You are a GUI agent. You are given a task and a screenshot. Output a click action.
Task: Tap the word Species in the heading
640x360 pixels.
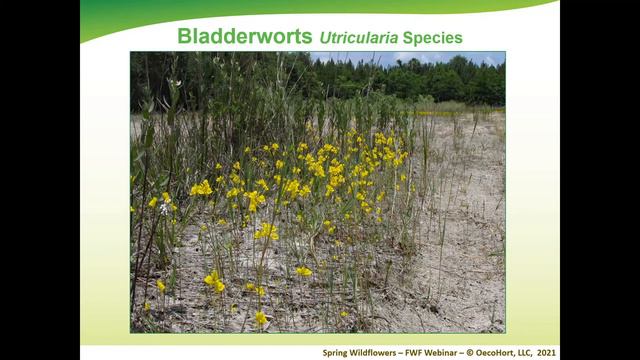pyautogui.click(x=434, y=38)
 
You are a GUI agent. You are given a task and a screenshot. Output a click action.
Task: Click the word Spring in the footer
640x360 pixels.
pyautogui.click(x=337, y=352)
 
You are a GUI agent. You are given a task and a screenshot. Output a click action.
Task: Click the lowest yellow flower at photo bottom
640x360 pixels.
pyautogui.click(x=260, y=318)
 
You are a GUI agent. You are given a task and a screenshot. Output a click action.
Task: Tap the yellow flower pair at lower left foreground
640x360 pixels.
pyautogui.click(x=214, y=281)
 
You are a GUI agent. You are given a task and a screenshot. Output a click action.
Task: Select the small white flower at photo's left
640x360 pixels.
pyautogui.click(x=164, y=208)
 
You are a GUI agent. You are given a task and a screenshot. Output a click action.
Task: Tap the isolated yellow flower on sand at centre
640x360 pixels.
pyautogui.click(x=303, y=271)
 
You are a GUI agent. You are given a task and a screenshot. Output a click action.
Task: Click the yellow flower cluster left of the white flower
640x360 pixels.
pyautogui.click(x=153, y=201)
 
